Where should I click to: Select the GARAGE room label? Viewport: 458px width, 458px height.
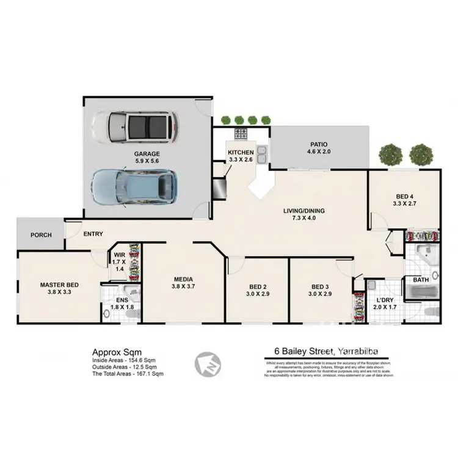(147, 154)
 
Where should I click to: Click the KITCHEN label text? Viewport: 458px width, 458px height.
(241, 153)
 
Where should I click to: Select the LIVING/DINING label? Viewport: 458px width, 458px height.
(304, 211)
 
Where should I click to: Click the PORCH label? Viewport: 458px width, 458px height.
(41, 235)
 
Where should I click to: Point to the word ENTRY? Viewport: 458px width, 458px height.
(93, 234)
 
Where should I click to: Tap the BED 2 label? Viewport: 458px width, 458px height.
(258, 286)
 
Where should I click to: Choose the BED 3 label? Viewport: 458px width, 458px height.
(321, 286)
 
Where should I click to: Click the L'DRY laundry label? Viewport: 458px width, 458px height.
(385, 300)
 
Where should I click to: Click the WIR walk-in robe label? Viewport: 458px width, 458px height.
(120, 256)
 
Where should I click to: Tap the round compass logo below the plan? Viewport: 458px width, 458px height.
(206, 363)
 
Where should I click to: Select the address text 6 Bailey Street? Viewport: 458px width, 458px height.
(299, 351)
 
